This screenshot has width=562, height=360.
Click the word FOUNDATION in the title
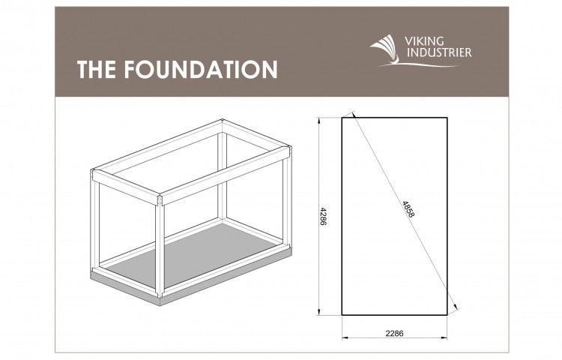click(x=201, y=69)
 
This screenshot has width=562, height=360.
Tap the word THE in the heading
click(x=97, y=69)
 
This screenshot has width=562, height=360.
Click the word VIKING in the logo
click(x=424, y=41)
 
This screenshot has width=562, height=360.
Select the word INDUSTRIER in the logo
click(x=439, y=52)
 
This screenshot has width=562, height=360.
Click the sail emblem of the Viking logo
click(x=385, y=49)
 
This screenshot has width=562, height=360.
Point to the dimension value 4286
click(x=322, y=216)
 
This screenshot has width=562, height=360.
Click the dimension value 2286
click(x=394, y=334)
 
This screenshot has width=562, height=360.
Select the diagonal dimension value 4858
click(x=408, y=209)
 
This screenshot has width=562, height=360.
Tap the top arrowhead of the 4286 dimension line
click(x=318, y=121)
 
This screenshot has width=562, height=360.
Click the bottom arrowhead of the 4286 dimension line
click(x=318, y=311)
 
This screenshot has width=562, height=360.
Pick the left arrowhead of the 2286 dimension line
click(x=345, y=337)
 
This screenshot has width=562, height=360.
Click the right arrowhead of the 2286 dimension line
click(x=444, y=337)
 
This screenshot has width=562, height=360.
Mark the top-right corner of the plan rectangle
click(x=447, y=118)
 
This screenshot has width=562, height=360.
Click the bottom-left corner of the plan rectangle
click(x=342, y=315)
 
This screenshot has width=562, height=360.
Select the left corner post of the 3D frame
click(x=95, y=221)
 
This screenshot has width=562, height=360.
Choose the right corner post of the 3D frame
click(x=288, y=196)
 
